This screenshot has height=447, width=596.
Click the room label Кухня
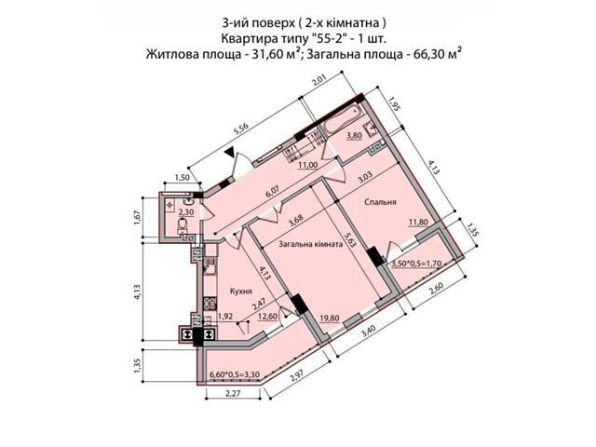[x=241, y=291]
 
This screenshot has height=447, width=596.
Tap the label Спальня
[x=380, y=202]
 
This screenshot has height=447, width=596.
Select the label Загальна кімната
[x=311, y=244]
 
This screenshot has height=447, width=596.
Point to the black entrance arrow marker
[x=229, y=154]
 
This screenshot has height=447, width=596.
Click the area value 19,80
[x=330, y=318]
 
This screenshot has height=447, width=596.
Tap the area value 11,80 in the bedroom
[x=418, y=222]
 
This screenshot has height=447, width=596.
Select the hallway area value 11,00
[x=307, y=165]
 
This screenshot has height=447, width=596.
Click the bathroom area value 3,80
[x=354, y=136]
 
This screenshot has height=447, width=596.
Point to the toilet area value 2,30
[x=186, y=212]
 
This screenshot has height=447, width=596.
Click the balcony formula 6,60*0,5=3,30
[x=235, y=374]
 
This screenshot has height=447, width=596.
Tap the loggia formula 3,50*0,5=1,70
[x=416, y=263]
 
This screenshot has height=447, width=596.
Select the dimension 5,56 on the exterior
[x=240, y=130]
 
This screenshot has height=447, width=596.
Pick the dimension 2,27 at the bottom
[x=234, y=393]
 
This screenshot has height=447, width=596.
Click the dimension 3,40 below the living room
[x=369, y=332]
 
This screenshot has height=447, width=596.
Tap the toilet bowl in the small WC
[x=183, y=224]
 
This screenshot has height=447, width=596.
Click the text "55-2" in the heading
[x=331, y=38]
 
